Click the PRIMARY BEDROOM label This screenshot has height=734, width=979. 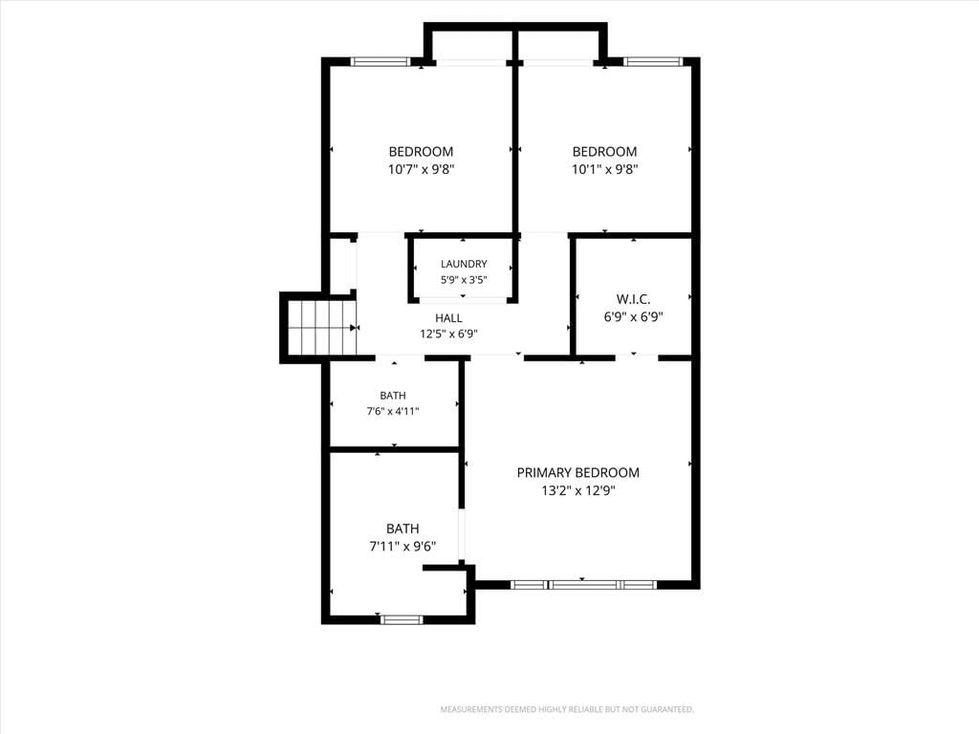pyautogui.click(x=577, y=472)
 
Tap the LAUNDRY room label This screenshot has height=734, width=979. pyautogui.click(x=464, y=264)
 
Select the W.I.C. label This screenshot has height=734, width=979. pyautogui.click(x=633, y=299)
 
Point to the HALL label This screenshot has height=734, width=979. pyautogui.click(x=448, y=318)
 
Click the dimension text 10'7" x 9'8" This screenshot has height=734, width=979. pyautogui.click(x=421, y=169)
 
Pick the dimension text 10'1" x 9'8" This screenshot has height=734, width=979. pyautogui.click(x=604, y=169)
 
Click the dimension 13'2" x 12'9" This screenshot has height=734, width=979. pyautogui.click(x=578, y=490)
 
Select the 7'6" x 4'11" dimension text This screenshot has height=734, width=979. pyautogui.click(x=393, y=411)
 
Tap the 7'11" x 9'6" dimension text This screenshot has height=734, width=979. pyautogui.click(x=402, y=547)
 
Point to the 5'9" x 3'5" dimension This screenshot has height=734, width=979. pyautogui.click(x=464, y=280)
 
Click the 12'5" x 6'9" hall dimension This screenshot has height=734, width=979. pyautogui.click(x=448, y=334)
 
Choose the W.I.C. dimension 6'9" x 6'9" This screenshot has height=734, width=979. pyautogui.click(x=633, y=317)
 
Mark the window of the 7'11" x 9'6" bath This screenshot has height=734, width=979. pyautogui.click(x=402, y=619)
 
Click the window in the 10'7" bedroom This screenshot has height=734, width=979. pyautogui.click(x=380, y=61)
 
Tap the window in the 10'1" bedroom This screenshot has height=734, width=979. pyautogui.click(x=652, y=61)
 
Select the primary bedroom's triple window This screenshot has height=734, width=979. pyautogui.click(x=583, y=585)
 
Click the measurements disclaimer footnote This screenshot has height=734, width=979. pyautogui.click(x=567, y=710)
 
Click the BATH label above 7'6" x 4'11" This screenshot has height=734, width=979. pyautogui.click(x=393, y=396)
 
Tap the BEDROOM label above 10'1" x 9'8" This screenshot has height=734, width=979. pyautogui.click(x=604, y=152)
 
